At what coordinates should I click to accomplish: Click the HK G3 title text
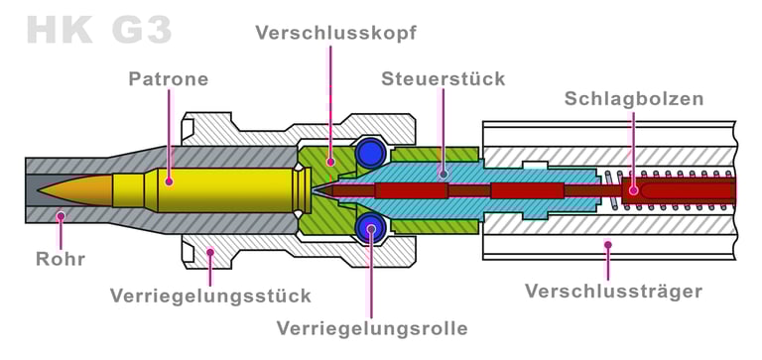[x=94, y=30]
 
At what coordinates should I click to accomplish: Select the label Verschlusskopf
[x=335, y=33]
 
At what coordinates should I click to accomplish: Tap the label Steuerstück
[x=444, y=77]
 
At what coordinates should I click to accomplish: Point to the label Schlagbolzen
[x=634, y=98]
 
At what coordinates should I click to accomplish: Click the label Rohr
[x=61, y=259]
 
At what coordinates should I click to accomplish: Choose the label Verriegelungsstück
[x=210, y=296]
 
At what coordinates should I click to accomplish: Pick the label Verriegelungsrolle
[x=372, y=327]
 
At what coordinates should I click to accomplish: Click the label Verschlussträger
[x=613, y=291]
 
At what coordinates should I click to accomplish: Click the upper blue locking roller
[x=370, y=151]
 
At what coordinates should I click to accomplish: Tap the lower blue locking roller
[x=370, y=227]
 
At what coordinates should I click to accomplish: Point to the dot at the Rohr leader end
[x=61, y=214]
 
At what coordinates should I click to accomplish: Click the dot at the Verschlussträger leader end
[x=608, y=243]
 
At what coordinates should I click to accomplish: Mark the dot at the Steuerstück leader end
[x=444, y=174]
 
